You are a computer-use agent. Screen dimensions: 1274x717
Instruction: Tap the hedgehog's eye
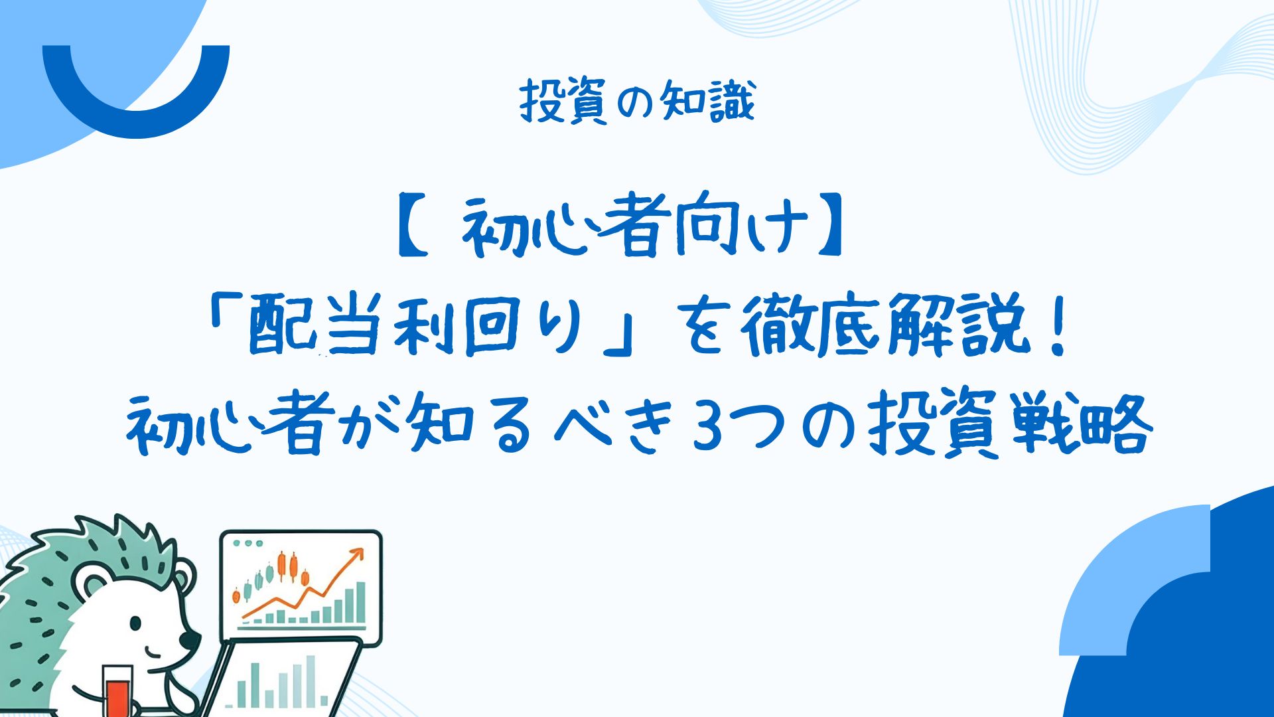click(135, 623)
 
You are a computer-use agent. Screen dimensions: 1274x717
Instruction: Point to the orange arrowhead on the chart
click(357, 555)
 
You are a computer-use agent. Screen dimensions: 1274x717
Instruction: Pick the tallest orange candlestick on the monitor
click(282, 566)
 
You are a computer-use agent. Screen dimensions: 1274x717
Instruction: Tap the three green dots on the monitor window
click(249, 543)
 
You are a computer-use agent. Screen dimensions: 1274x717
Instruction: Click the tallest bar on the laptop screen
click(310, 680)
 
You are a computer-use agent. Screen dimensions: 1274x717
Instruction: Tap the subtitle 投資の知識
click(637, 102)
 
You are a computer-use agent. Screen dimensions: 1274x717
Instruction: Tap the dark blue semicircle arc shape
click(135, 119)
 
